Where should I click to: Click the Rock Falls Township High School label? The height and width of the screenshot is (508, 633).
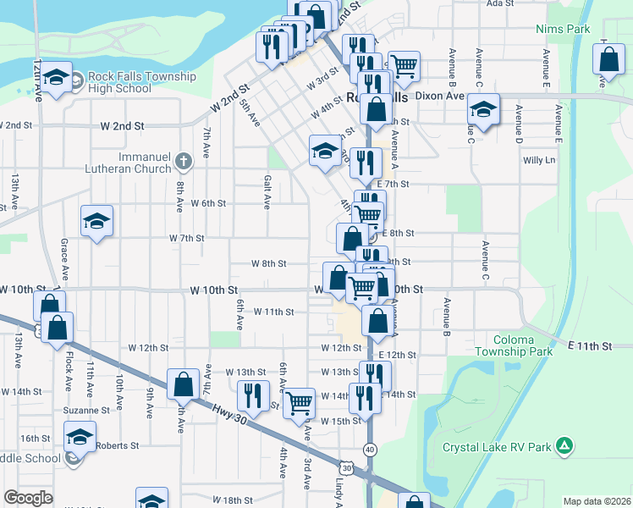(141, 82)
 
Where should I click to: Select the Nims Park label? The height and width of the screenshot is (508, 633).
(563, 29)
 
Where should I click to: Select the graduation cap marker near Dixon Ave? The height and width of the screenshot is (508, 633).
(483, 110)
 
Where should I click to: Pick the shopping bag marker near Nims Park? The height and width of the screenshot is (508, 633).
(609, 60)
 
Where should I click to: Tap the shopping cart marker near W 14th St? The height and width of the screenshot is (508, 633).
(299, 403)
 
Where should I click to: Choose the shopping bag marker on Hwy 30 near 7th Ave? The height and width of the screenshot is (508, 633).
(184, 384)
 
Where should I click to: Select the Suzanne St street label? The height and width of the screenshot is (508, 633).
(86, 410)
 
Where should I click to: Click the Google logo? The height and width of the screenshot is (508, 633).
(28, 498)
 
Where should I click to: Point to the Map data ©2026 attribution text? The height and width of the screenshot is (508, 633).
(596, 501)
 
